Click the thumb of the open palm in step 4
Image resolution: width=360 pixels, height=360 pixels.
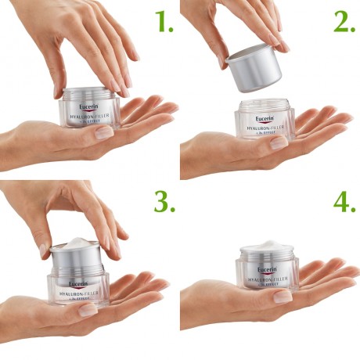point(282,297)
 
